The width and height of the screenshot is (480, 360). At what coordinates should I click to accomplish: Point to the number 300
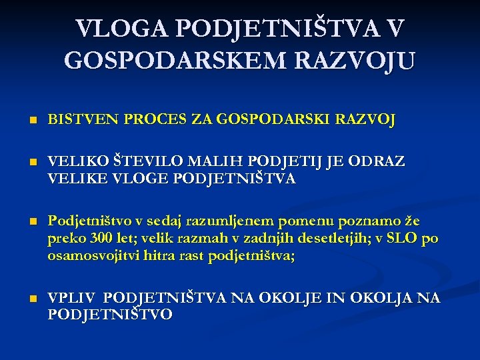click(x=90, y=239)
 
